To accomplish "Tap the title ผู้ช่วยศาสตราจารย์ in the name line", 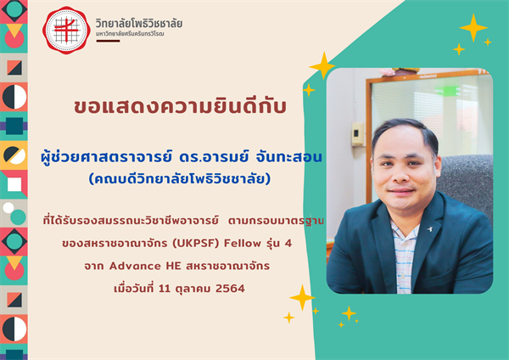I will (x=98, y=158).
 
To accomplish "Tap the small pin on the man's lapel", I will (x=428, y=228).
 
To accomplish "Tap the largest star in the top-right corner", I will (x=473, y=27).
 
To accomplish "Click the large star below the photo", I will (x=301, y=297).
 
